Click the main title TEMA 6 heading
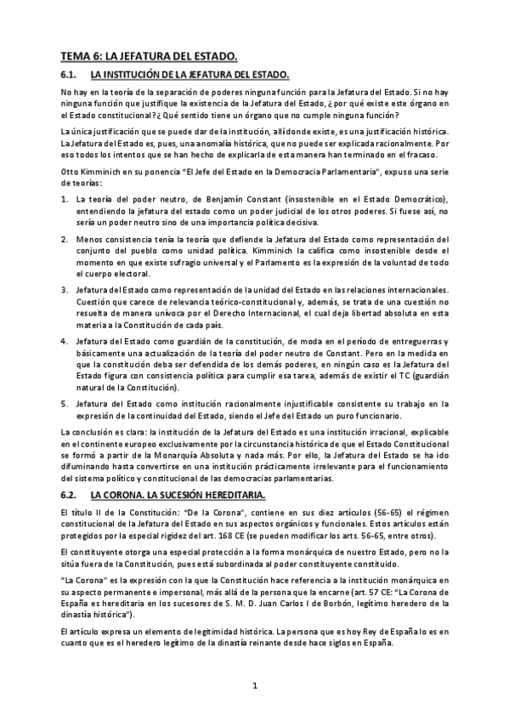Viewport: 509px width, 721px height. click(149, 56)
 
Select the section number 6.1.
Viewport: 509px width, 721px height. click(69, 76)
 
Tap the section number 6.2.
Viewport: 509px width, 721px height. click(69, 494)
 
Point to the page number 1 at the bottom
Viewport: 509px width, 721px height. click(253, 684)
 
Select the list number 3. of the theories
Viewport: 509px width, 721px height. click(65, 291)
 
